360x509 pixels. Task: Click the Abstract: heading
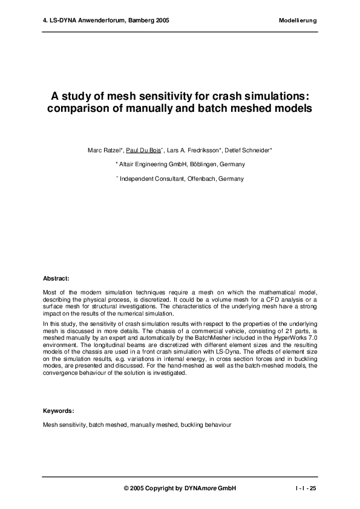56,279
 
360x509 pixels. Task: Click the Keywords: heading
59,410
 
